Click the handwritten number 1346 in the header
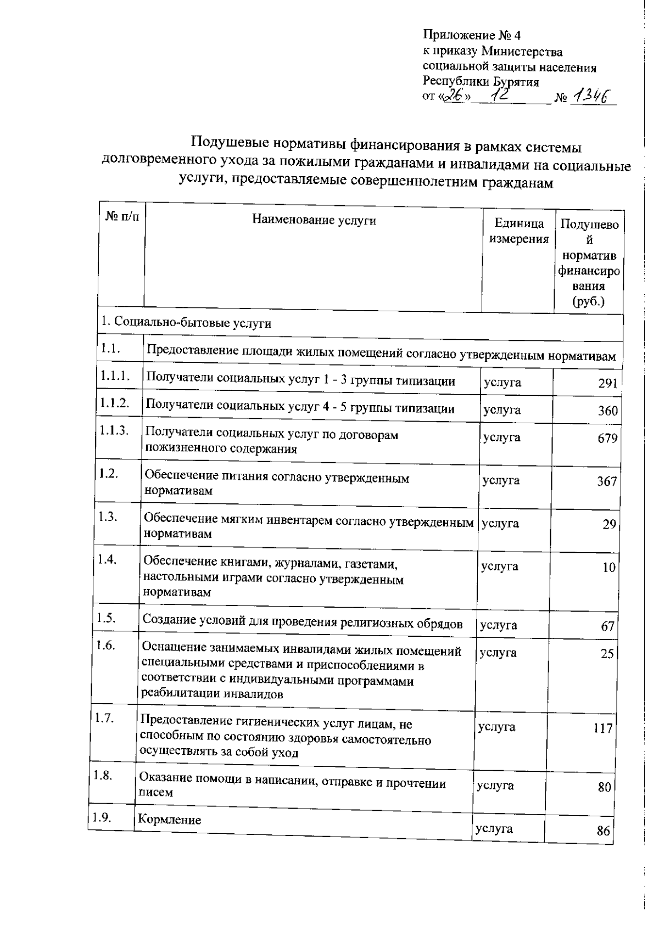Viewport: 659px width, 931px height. coord(592,97)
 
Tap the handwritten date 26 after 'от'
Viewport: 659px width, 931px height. coord(456,97)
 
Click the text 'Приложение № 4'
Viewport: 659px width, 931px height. coord(471,36)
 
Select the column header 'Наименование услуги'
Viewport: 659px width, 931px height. coord(314,221)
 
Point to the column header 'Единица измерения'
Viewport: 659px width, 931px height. coord(519,231)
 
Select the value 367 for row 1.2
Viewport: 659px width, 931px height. coord(607,481)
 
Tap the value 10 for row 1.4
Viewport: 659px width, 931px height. coord(608,568)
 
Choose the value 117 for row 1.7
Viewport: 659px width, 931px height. coord(602,728)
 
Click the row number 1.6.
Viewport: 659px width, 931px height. coord(105,645)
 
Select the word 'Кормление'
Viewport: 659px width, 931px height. coord(169,820)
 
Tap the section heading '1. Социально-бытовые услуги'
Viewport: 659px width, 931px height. coord(186,323)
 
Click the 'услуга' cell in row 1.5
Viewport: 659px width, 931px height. coord(498,625)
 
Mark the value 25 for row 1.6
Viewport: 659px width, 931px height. coord(606,654)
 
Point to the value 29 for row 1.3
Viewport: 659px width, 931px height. coord(609,524)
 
